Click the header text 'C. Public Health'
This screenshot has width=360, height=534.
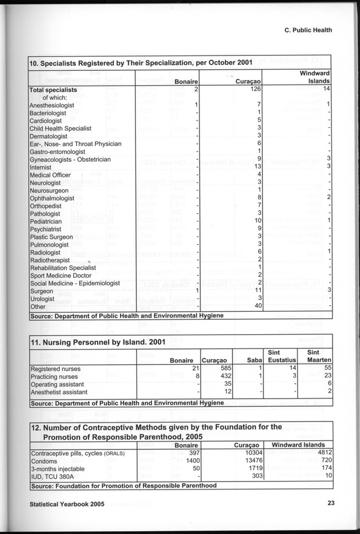click(308, 31)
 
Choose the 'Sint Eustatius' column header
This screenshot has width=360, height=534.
click(281, 356)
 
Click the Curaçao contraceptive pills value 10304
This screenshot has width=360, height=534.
click(251, 453)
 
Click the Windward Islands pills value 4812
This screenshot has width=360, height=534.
click(325, 453)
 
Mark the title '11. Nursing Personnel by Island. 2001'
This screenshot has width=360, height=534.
click(98, 343)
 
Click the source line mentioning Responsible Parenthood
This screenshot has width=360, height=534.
click(123, 485)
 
